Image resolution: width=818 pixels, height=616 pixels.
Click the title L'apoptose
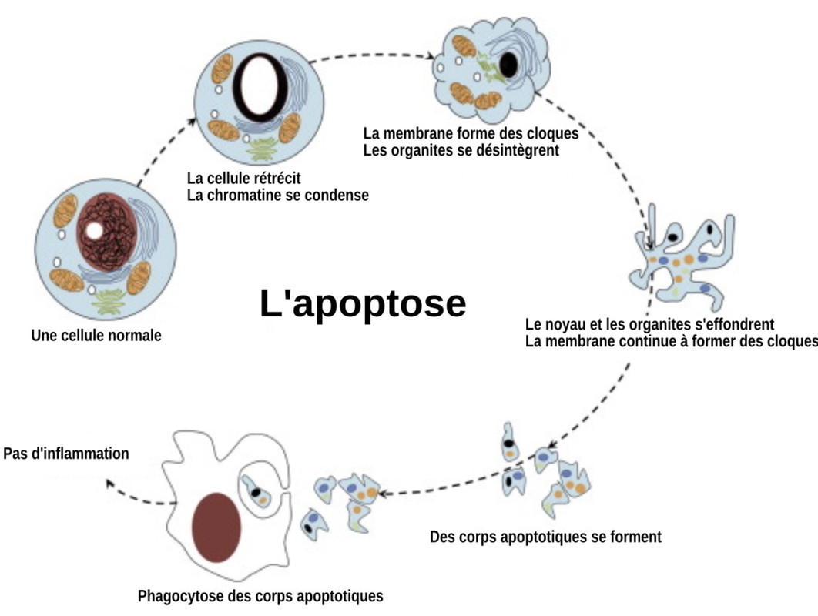(363, 303)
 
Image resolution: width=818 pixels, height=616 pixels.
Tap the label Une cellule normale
(96, 336)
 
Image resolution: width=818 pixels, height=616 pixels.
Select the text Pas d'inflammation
(66, 454)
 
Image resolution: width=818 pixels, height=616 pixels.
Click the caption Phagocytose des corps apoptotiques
(260, 595)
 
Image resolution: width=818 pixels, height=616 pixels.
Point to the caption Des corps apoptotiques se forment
(545, 536)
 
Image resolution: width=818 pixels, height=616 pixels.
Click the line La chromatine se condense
(278, 195)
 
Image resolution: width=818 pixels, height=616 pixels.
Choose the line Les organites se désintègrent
(461, 150)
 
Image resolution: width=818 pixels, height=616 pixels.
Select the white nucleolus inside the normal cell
(94, 230)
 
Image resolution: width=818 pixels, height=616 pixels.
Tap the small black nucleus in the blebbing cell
(508, 66)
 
